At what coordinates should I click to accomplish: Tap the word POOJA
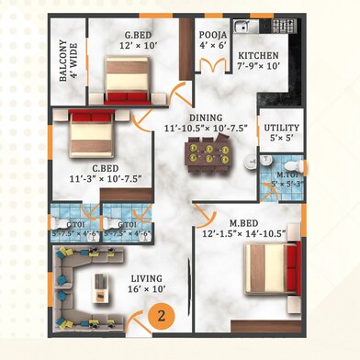213,34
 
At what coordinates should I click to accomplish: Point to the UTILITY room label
280,128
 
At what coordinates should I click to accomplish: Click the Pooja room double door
213,65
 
